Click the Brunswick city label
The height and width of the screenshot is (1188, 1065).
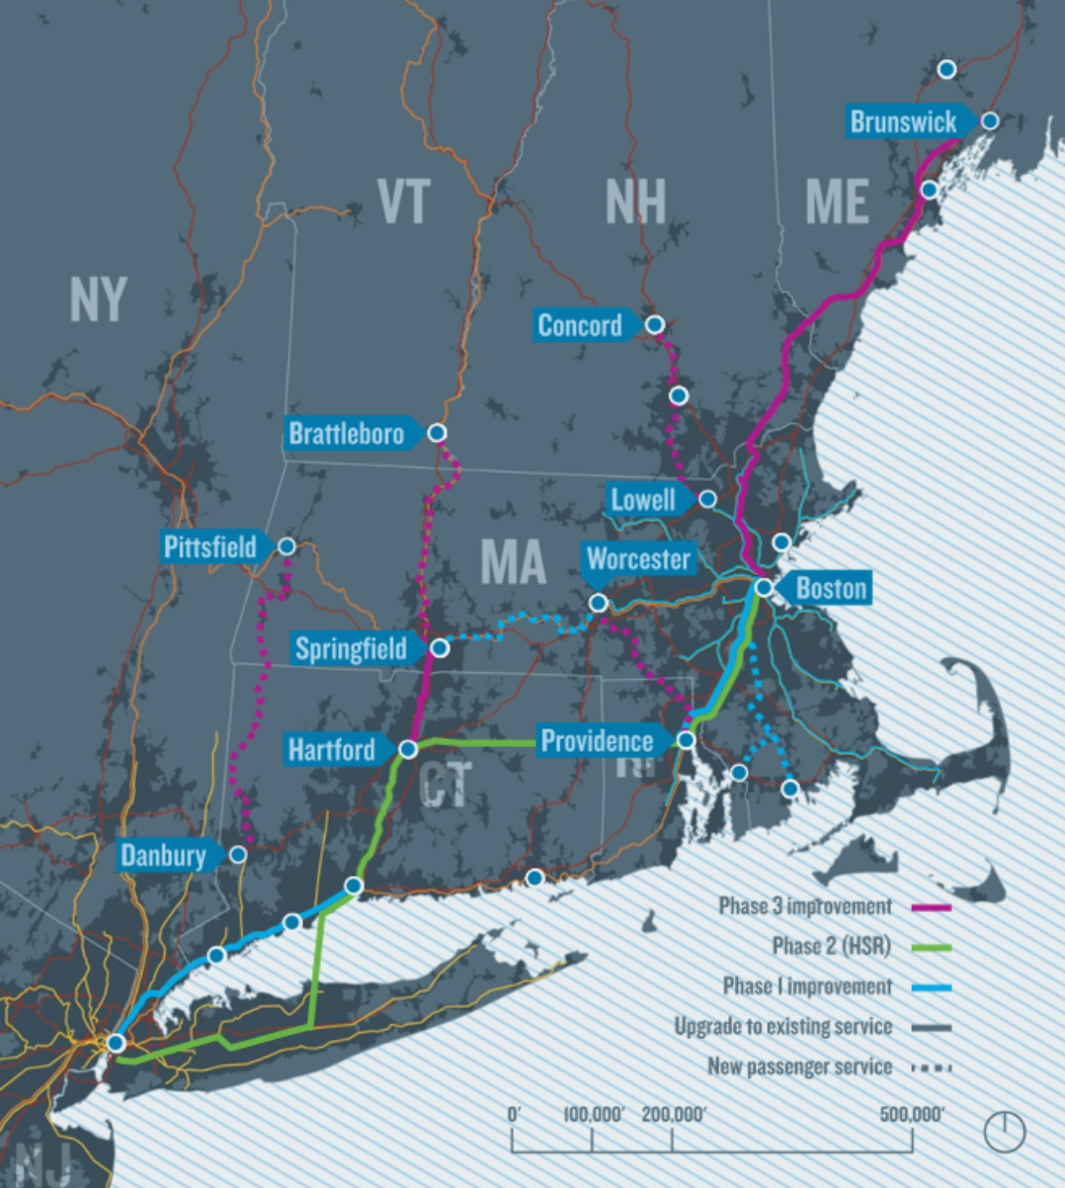click(903, 122)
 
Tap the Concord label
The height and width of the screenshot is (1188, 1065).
click(580, 325)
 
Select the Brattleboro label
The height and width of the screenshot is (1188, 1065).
click(346, 433)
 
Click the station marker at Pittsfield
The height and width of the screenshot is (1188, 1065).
click(287, 547)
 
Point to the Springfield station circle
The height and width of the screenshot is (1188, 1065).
click(441, 648)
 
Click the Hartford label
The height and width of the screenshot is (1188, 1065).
click(332, 749)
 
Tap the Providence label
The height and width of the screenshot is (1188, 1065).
click(597, 741)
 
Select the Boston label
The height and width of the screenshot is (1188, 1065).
click(830, 588)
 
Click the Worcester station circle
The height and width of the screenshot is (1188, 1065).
click(598, 603)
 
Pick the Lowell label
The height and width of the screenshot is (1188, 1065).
click(643, 499)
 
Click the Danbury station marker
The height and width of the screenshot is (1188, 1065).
click(238, 855)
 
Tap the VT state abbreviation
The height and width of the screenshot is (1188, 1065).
click(403, 201)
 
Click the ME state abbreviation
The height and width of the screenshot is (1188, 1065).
click(837, 201)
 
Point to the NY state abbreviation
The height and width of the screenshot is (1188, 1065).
click(99, 298)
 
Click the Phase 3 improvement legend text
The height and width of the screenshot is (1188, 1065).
click(804, 906)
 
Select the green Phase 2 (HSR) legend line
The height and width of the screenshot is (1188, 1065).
click(932, 948)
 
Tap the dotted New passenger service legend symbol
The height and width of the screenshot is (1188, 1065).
click(932, 1067)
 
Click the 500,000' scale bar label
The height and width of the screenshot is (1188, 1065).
click(912, 1115)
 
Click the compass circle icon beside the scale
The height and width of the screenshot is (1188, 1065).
click(1005, 1131)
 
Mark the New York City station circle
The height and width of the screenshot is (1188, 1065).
click(116, 1043)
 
